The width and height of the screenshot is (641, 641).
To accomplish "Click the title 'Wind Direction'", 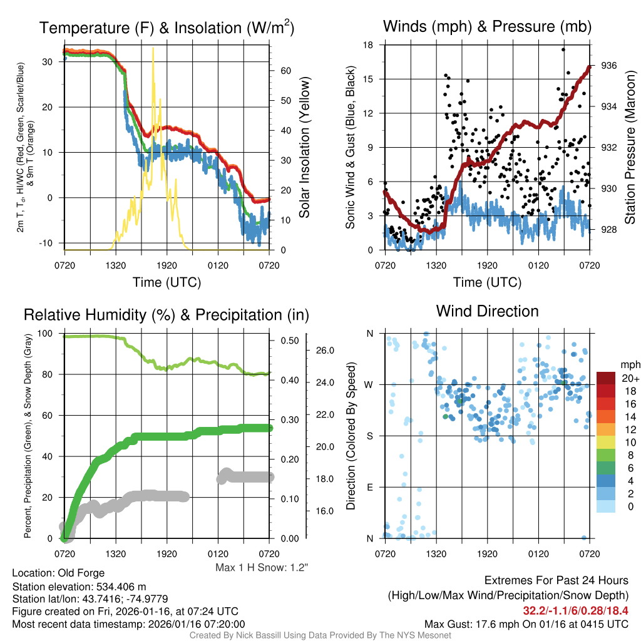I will click(x=487, y=311).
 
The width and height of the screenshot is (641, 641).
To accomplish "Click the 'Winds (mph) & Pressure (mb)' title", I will click(x=487, y=27).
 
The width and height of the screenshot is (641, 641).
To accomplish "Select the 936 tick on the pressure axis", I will click(x=610, y=65).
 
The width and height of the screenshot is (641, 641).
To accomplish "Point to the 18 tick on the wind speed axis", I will click(x=368, y=45).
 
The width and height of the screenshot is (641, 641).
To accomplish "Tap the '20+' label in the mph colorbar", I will click(x=627, y=378).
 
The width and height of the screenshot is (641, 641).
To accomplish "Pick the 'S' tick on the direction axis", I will click(x=369, y=436).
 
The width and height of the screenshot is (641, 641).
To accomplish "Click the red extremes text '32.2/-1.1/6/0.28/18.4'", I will click(x=575, y=610).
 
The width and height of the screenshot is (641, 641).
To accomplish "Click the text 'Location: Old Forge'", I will click(x=58, y=573).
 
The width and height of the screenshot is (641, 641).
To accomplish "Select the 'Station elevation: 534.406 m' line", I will click(x=79, y=587).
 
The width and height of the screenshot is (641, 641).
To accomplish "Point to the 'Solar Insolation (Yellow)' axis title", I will click(x=305, y=148).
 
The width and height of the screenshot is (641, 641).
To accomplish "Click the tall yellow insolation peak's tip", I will click(x=153, y=48).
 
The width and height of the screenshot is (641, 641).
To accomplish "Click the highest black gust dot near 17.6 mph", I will click(x=563, y=49).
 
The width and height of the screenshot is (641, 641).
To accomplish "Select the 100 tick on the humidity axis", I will click(x=46, y=334).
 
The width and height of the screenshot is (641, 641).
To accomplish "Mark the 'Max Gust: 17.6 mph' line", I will click(x=526, y=624).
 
